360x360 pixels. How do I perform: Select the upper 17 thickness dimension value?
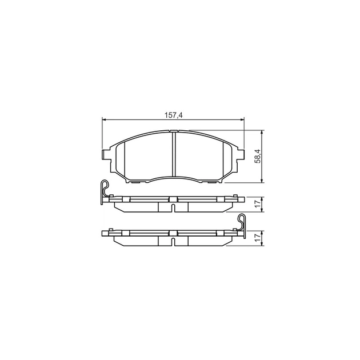(x=258, y=203)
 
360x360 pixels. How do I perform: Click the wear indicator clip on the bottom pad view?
(x=242, y=223)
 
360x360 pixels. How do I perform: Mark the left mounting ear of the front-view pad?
(x=105, y=155)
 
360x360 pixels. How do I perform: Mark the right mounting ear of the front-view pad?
(x=241, y=155)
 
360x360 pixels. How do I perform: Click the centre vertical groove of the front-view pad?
(x=173, y=154)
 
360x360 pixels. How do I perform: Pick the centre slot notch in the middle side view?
(x=173, y=201)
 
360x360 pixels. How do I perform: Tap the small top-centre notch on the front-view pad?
(x=173, y=132)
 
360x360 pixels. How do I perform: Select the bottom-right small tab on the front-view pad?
(x=211, y=182)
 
